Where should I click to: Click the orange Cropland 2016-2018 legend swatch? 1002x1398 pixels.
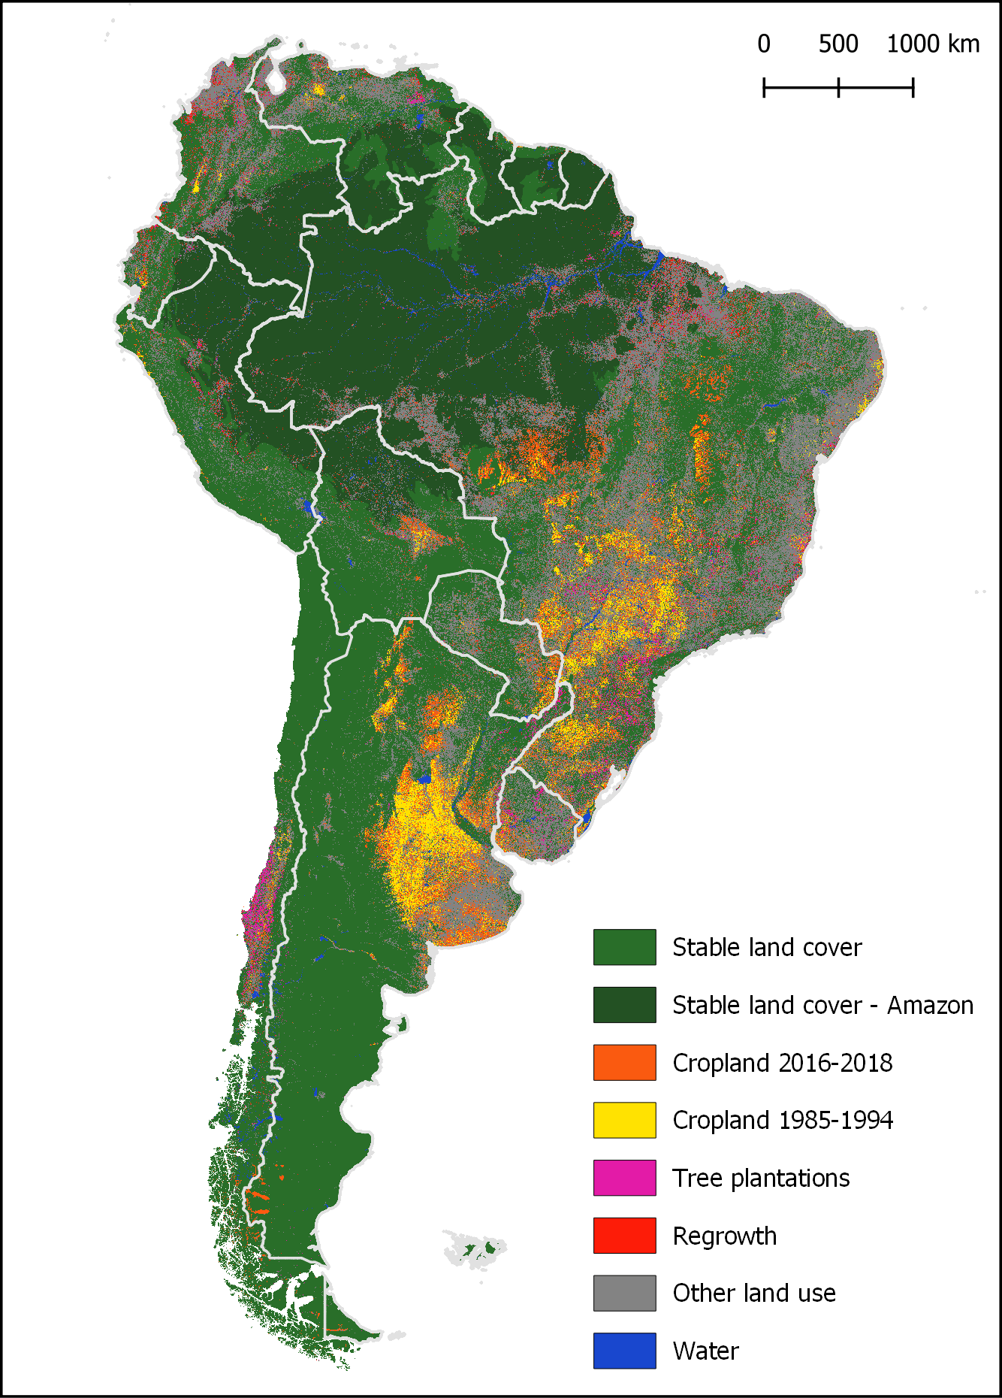tap(624, 1062)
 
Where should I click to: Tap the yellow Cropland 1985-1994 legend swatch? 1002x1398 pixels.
tap(624, 1120)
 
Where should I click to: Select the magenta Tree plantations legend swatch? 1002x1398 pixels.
tap(624, 1178)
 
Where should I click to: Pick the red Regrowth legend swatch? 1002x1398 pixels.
tap(624, 1236)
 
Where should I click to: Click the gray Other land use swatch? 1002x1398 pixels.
tap(624, 1293)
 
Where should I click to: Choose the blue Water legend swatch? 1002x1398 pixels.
tap(624, 1351)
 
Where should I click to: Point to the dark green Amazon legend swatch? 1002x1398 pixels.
tap(624, 1005)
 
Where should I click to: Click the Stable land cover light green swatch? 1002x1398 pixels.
tap(624, 947)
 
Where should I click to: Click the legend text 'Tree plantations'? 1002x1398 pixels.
tap(761, 1178)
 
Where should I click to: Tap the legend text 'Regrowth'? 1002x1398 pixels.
tap(724, 1236)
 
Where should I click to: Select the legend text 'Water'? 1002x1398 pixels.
tap(705, 1351)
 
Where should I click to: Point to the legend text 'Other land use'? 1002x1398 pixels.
tap(754, 1293)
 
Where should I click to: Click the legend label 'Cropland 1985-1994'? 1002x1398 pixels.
tap(783, 1120)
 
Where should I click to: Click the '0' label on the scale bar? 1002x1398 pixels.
tap(764, 44)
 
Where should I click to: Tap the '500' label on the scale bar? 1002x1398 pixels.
tap(838, 44)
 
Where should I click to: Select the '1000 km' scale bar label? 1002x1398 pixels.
tap(933, 44)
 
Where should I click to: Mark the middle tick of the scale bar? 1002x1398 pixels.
tap(838, 88)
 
